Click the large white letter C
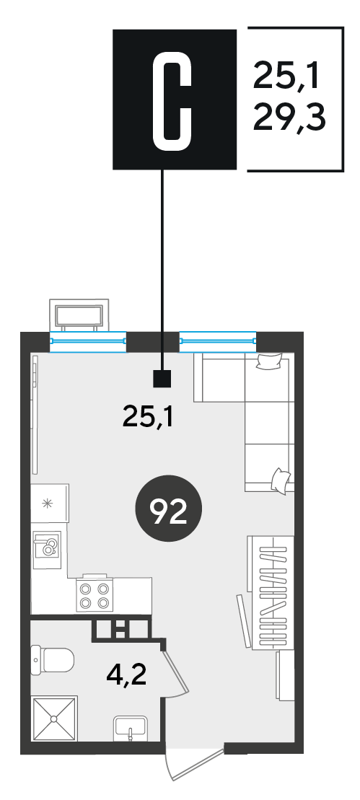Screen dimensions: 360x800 pos(173,100)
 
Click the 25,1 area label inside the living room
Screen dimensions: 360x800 pos(149,418)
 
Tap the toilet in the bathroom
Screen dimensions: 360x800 pos(52,660)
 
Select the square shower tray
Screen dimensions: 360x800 pos(54,719)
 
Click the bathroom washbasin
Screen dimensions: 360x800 pos(130,728)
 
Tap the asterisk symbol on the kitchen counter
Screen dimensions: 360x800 pos(48,503)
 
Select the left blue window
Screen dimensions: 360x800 pos(88,341)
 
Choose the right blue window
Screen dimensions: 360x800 pos(218,341)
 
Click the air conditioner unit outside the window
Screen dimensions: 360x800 pos(79,315)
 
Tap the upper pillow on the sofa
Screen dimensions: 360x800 pos(269,361)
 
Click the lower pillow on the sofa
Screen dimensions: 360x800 pos(281,480)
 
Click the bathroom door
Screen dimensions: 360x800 pos(177,672)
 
